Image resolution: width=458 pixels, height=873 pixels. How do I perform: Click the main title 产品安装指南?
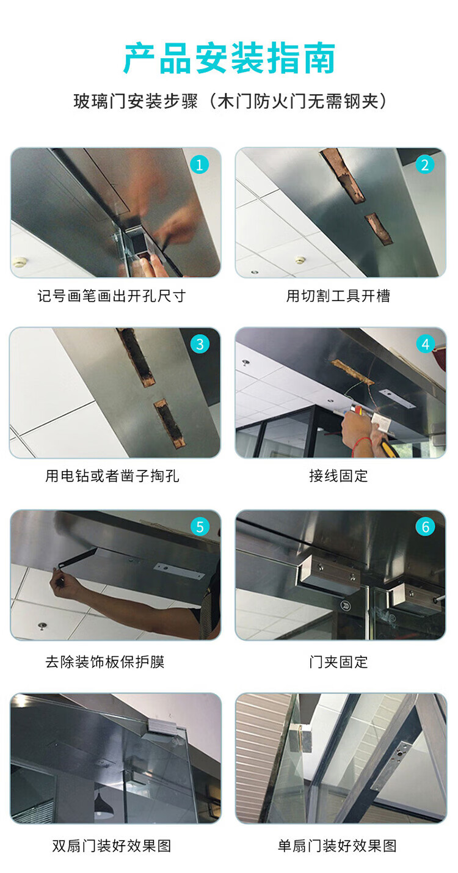pyautogui.click(x=230, y=59)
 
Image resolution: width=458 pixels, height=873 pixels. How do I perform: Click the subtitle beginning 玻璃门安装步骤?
pyautogui.click(x=230, y=102)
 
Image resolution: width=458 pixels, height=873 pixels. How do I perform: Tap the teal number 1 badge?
pyautogui.click(x=200, y=165)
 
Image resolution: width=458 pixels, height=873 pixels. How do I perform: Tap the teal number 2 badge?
pyautogui.click(x=425, y=165)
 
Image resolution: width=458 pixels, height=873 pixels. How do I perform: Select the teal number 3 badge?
pyautogui.click(x=200, y=344)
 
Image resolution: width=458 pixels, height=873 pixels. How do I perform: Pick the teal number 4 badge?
pyautogui.click(x=425, y=344)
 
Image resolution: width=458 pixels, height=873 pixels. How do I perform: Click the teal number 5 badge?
pyautogui.click(x=200, y=527)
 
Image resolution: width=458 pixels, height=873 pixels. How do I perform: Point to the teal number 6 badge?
pyautogui.click(x=425, y=527)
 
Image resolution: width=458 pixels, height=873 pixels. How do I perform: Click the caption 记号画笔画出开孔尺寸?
pyautogui.click(x=112, y=296)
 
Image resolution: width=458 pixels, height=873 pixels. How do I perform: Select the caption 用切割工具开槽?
pyautogui.click(x=338, y=296)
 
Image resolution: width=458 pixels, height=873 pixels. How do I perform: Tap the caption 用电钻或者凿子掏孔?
pyautogui.click(x=112, y=476)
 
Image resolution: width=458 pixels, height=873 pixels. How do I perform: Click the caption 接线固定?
pyautogui.click(x=338, y=476)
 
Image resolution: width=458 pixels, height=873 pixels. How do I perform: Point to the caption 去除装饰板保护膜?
pyautogui.click(x=105, y=662)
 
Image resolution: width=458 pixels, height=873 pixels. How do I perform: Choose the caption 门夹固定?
pyautogui.click(x=338, y=662)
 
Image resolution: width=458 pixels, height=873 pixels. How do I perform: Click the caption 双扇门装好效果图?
pyautogui.click(x=112, y=846)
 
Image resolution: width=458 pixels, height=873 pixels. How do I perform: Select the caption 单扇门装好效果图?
pyautogui.click(x=337, y=846)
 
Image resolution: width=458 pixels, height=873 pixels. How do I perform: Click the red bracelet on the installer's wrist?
pyautogui.click(x=361, y=444)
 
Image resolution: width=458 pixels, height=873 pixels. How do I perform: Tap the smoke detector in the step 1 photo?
pyautogui.click(x=19, y=261)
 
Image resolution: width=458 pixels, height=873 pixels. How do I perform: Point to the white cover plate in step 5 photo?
pyautogui.click(x=179, y=571)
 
